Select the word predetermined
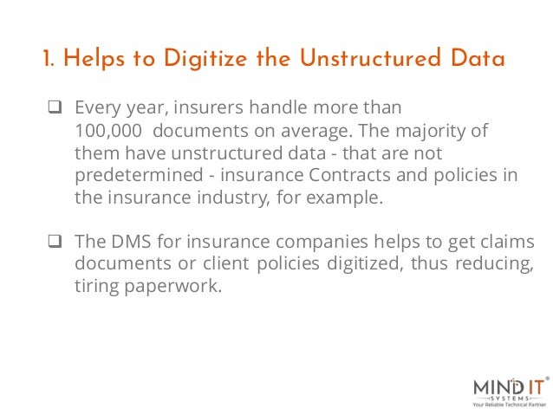coord(134,175)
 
